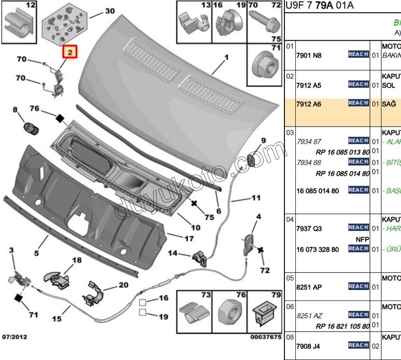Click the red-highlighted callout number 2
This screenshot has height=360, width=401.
tap(70, 53)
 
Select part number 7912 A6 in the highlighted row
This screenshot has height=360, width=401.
tap(309, 104)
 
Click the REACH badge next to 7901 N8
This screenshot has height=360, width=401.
tap(358, 54)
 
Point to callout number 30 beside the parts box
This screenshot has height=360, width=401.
tap(109, 11)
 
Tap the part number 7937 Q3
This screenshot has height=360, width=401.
tap(309, 229)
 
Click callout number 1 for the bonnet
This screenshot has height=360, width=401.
tap(226, 57)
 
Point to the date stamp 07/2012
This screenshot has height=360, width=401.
tap(15, 337)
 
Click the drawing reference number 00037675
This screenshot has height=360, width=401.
tap(266, 337)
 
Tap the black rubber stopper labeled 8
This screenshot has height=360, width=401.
tap(30, 127)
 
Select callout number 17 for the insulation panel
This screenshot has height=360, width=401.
tap(189, 239)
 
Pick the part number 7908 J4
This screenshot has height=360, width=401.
tap(308, 346)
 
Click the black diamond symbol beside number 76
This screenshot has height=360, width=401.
tap(59, 118)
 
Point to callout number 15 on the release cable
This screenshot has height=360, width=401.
tap(57, 319)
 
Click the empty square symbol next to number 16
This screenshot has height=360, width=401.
tap(142, 301)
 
